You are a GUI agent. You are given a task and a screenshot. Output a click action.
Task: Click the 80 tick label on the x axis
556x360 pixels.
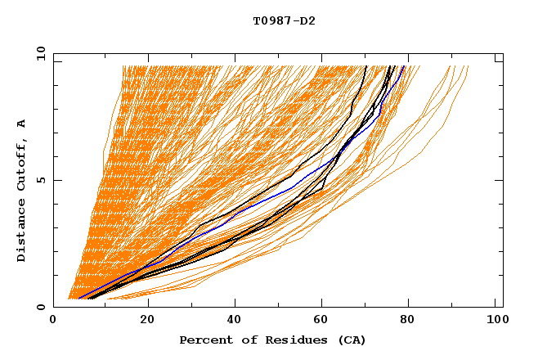click(407, 322)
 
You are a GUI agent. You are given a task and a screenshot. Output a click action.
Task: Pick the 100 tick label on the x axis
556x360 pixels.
click(495, 322)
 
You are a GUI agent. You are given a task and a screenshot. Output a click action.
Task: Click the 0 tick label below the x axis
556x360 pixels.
click(54, 322)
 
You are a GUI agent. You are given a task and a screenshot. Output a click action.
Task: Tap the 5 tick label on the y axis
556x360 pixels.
click(40, 180)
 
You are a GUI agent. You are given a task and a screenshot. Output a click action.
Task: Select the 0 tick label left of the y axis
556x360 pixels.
click(40, 307)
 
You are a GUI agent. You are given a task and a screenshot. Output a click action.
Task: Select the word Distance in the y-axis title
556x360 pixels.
click(22, 232)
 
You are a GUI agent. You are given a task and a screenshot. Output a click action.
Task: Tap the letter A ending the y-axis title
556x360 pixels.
click(22, 123)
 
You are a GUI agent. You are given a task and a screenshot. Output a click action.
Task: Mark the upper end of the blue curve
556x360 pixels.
click(403, 66)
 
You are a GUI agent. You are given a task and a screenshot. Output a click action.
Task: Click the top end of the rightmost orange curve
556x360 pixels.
click(468, 66)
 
